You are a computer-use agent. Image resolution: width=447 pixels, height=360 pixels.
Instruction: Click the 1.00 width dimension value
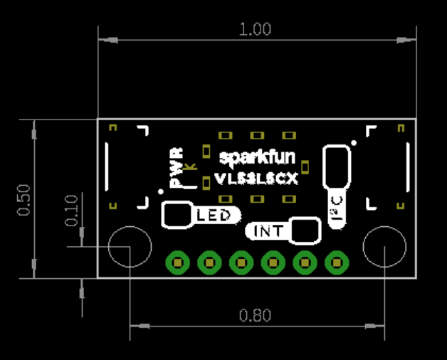tap(256, 29)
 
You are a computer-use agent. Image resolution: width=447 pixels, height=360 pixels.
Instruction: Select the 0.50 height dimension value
tap(24, 200)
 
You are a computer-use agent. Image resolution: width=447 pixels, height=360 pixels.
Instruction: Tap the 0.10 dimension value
tap(72, 210)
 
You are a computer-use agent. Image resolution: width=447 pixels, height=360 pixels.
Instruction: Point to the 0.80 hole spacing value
tap(255, 315)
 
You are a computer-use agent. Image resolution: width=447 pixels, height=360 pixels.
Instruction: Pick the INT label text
tap(268, 231)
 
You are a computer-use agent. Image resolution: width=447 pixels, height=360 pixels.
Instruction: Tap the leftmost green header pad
tap(177, 263)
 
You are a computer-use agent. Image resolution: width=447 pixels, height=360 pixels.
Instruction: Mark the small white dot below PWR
tap(159, 191)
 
